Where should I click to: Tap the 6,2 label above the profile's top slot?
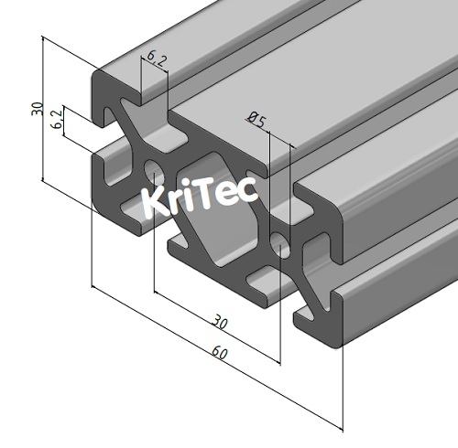point(157,61)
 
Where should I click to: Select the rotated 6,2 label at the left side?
point(57,120)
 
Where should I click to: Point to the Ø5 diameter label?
point(256,119)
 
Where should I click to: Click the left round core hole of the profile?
point(152,170)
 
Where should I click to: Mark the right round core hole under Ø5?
point(279,242)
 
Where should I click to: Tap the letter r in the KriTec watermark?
point(179,202)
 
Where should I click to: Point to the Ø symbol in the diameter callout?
point(252,116)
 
